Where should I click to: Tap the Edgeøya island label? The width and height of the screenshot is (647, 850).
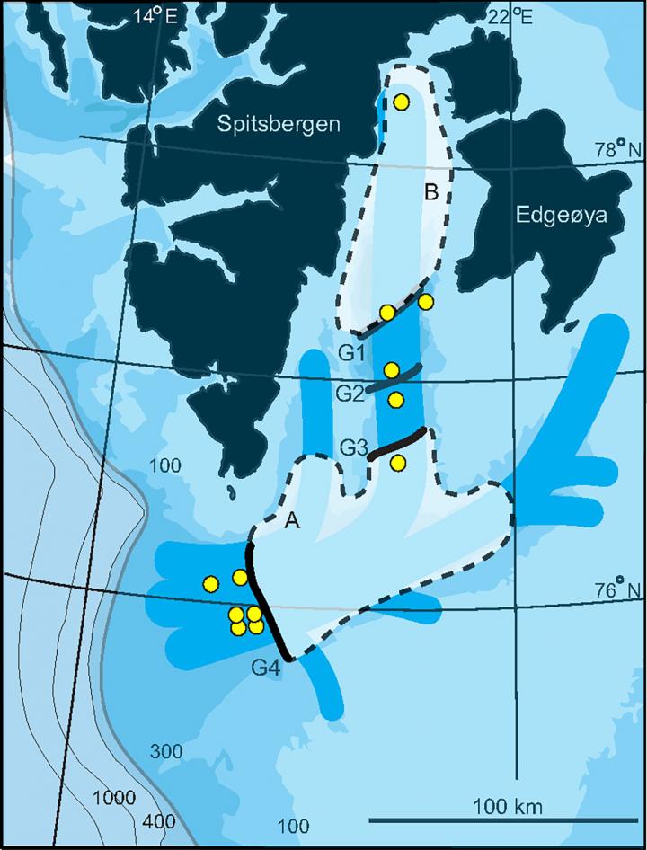pyautogui.click(x=563, y=215)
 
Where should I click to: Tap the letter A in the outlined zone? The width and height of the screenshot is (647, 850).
pyautogui.click(x=291, y=520)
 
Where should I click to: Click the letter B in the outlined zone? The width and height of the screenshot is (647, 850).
pyautogui.click(x=431, y=191)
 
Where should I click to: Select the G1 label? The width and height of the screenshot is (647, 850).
pyautogui.click(x=351, y=354)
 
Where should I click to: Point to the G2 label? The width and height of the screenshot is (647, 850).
pyautogui.click(x=350, y=393)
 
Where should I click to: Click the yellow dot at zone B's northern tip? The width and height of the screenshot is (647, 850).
pyautogui.click(x=402, y=102)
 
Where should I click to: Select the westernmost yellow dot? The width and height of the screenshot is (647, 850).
pyautogui.click(x=210, y=584)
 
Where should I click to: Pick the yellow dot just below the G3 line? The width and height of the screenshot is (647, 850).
pyautogui.click(x=399, y=463)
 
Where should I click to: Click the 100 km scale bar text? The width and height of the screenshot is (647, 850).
pyautogui.click(x=508, y=806)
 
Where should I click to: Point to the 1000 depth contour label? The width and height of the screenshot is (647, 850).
pyautogui.click(x=114, y=798)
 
